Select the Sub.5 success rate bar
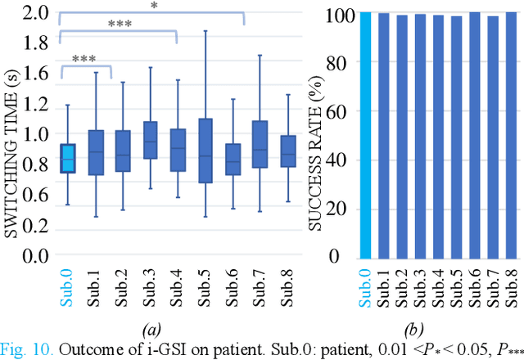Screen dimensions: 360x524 tap(455, 135)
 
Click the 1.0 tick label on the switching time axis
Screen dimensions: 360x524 tap(32, 135)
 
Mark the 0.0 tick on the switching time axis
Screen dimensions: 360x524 tap(32, 257)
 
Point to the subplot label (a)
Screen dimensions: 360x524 tap(151, 330)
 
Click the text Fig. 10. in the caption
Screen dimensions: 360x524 tap(26, 351)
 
